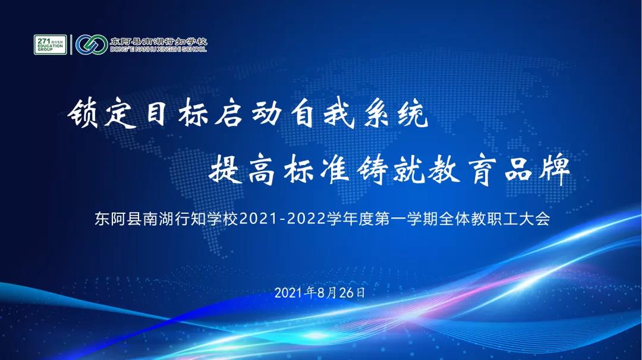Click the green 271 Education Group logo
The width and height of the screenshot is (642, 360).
50,45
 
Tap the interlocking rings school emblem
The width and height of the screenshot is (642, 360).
92,45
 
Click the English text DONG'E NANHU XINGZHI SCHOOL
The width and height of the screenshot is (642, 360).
159,49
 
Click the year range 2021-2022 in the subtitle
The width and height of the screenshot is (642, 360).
282,219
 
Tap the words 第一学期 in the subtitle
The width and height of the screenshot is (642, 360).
406,219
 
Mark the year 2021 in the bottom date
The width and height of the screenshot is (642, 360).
290,293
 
